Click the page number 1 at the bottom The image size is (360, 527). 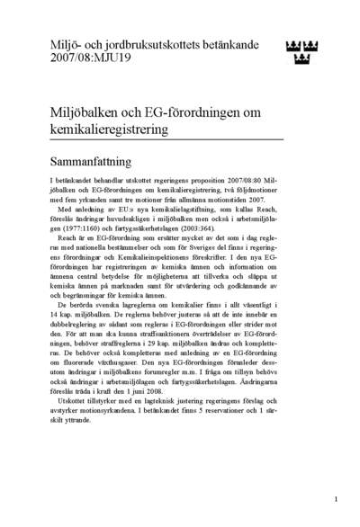click(x=335, y=497)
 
